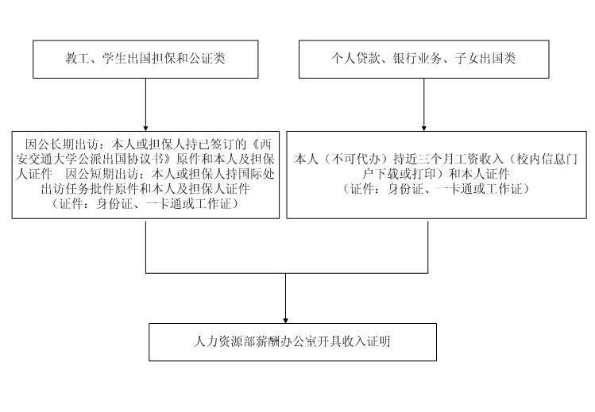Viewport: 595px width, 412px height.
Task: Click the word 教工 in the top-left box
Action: [77, 59]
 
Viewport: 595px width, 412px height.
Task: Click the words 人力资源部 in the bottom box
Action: [221, 343]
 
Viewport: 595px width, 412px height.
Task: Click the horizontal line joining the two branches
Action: [287, 273]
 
